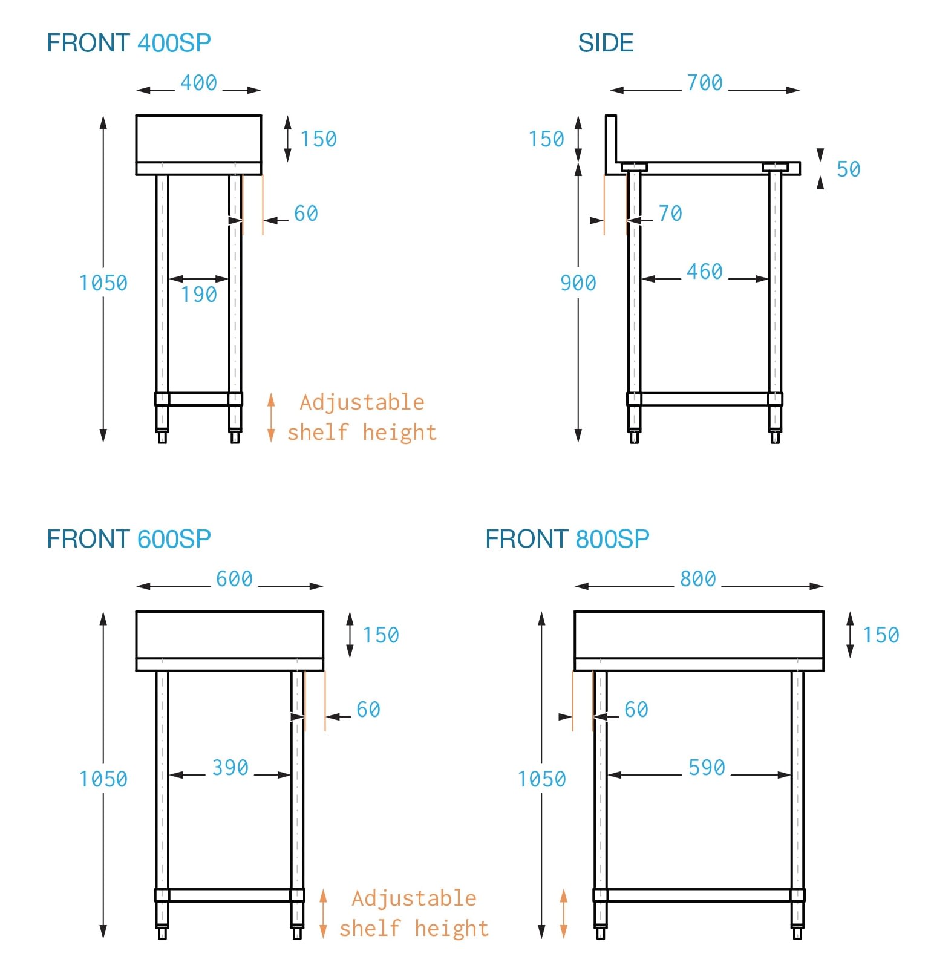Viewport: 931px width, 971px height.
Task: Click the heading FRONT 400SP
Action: coord(129,43)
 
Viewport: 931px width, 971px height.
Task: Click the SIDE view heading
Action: coord(606,43)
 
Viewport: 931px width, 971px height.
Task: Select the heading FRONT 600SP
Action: coord(129,539)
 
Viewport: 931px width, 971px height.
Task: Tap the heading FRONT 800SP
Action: coord(567,539)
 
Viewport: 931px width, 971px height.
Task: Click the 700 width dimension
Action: coord(705,83)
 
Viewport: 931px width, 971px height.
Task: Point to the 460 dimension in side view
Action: coord(705,272)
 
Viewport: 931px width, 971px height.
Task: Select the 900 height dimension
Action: coord(578,283)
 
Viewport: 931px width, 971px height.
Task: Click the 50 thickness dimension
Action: coord(849,169)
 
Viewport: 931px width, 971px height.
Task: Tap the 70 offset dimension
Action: coord(670,214)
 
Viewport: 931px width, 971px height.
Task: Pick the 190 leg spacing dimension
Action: coord(199,295)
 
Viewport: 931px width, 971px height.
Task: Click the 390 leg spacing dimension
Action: coord(230,768)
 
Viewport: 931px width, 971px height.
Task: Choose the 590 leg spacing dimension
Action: coord(707,768)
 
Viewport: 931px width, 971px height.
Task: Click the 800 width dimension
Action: coord(698,579)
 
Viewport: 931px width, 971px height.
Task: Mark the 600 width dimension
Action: coord(235,579)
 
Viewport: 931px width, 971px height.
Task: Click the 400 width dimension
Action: coord(199,83)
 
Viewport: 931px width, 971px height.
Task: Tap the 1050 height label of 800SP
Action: coord(542,779)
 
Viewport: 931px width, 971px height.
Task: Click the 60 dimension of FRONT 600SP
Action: coord(368,710)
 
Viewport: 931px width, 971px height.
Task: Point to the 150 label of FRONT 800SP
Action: coord(881,635)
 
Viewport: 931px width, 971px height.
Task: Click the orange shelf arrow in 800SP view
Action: coord(564,914)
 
